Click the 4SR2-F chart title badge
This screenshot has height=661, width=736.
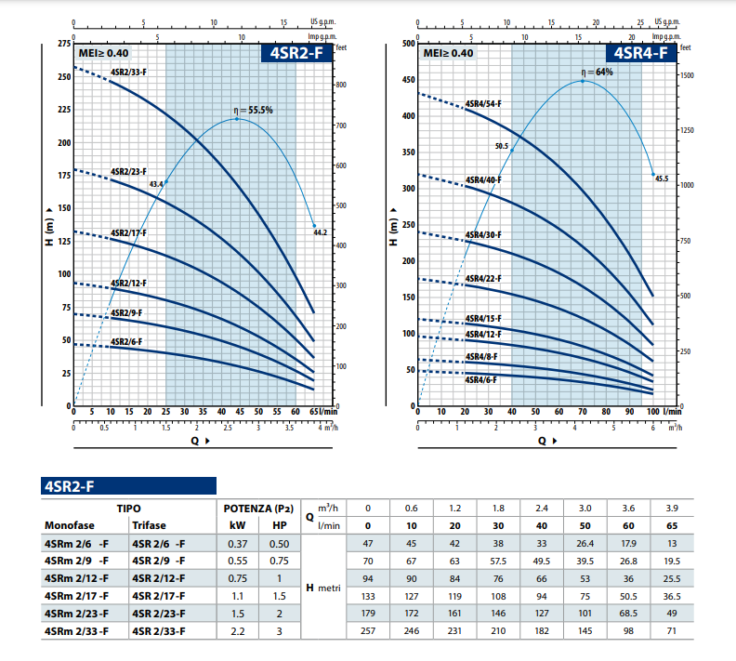(296, 53)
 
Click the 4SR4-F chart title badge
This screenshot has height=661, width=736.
(641, 53)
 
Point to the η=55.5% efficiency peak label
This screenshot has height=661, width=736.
(253, 110)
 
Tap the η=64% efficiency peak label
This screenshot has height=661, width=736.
(598, 72)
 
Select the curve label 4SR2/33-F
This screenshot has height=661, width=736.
(128, 72)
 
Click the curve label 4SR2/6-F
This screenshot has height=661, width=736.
(126, 342)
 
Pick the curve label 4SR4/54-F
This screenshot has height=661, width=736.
(483, 104)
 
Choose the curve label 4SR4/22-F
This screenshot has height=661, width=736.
(483, 279)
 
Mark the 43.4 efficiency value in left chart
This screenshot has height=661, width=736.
(156, 184)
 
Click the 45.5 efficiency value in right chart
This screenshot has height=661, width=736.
(662, 178)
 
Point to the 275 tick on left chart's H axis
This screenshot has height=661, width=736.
(63, 44)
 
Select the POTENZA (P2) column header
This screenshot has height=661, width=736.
(258, 509)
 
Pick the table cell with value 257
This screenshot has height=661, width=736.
(368, 631)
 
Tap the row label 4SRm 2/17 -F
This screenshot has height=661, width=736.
(76, 595)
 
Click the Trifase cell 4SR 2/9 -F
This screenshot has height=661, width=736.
(159, 561)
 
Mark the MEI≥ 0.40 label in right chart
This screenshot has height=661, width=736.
(448, 54)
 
